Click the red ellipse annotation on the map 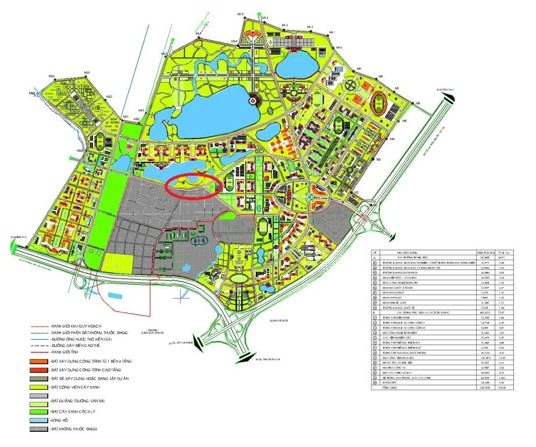tap(192, 187)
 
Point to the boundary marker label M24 tap(52, 76)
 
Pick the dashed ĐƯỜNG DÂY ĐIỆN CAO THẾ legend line tap(38, 345)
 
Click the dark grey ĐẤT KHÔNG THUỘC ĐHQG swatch tap(38, 431)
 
